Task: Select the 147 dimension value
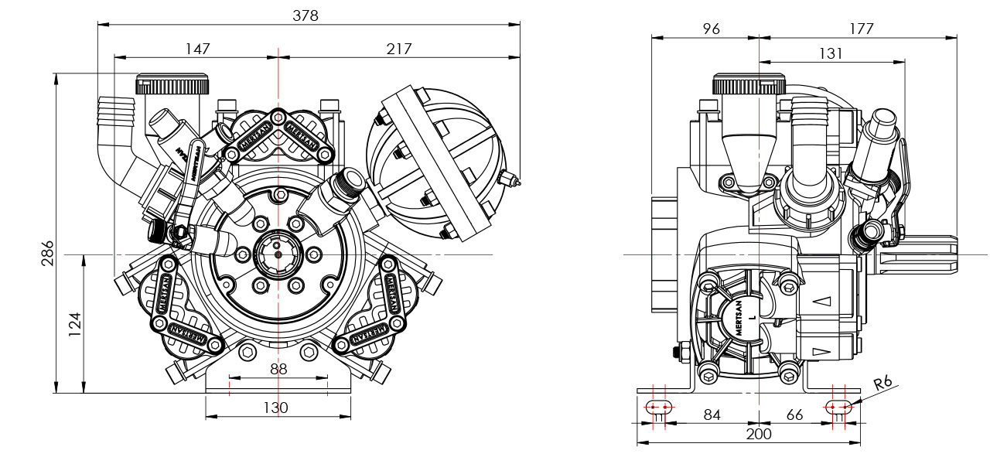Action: tap(197, 49)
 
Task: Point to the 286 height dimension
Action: tap(47, 253)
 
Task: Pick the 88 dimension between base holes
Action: tap(278, 370)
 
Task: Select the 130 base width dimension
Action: tap(275, 408)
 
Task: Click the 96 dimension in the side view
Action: tap(711, 29)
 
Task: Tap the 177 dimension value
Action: tap(860, 29)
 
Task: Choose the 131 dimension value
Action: tap(830, 53)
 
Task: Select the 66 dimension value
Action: tap(795, 415)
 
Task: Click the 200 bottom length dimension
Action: tap(758, 435)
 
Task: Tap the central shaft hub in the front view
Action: tap(278, 254)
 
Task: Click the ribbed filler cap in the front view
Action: tap(172, 84)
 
